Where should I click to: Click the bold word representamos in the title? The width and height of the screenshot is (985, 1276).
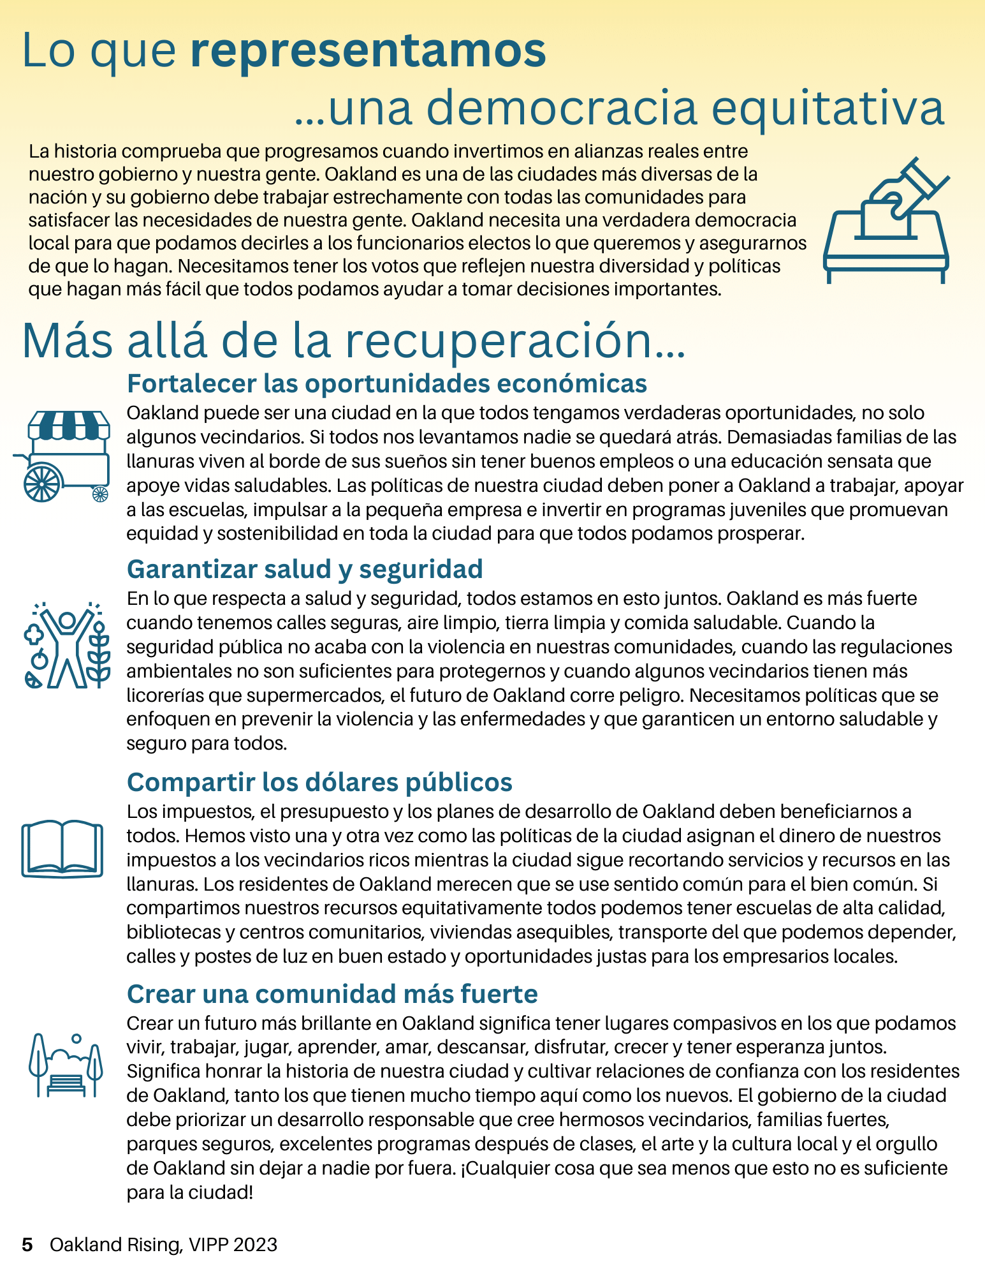coord(368,51)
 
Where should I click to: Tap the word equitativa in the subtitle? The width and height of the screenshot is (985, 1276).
coord(828,108)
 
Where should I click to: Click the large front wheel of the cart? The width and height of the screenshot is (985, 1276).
coord(42,482)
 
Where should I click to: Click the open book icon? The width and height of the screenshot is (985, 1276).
coord(62,849)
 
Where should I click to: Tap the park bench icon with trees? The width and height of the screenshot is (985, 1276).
coord(66,1065)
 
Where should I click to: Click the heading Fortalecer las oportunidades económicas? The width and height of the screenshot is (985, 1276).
coord(387,383)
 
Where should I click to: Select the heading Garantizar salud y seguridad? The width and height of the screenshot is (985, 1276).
coord(305,569)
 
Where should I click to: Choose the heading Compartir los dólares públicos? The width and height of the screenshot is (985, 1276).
coord(319,782)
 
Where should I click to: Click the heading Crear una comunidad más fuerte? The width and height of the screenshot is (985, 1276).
coord(332,994)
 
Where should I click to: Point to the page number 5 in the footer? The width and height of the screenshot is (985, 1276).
coord(27,1245)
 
